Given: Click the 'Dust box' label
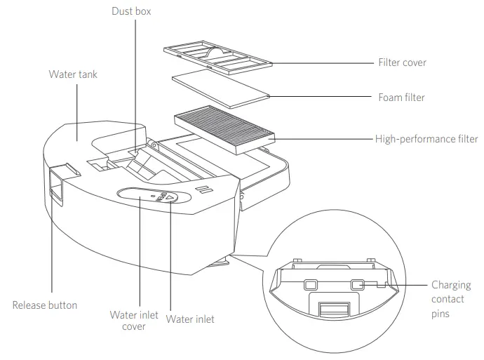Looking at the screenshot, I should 131,12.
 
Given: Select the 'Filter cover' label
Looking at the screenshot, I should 402,62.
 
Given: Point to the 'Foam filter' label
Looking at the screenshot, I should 401,98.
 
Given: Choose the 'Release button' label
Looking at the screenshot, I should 45,305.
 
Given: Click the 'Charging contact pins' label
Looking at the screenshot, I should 448,300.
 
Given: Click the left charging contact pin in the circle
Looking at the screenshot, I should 311,285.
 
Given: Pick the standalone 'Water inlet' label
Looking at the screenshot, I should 190,319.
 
